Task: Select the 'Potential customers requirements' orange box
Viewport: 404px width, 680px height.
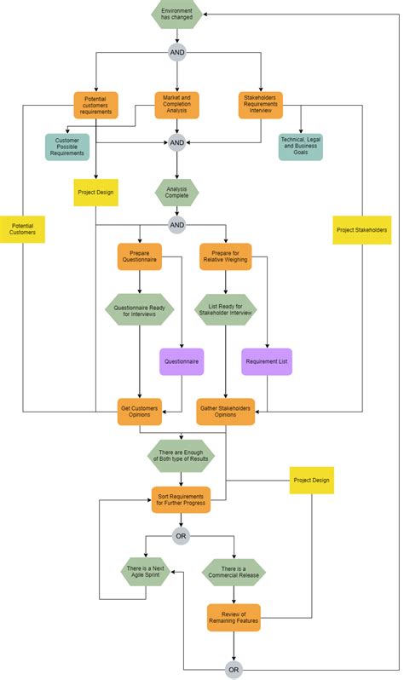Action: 95,106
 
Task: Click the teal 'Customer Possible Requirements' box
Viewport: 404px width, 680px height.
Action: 67,146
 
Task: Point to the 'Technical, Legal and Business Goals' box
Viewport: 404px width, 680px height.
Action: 301,146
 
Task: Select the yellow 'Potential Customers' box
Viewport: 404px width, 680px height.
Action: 23,228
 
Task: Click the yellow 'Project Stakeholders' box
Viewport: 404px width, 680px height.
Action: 362,230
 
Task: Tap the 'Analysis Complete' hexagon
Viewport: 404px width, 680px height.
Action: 176,192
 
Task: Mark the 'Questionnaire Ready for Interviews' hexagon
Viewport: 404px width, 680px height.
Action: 140,308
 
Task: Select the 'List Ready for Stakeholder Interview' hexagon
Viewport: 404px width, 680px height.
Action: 225,308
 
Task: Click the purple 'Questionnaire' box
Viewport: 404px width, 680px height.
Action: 182,362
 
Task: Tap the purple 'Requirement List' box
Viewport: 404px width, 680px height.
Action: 267,362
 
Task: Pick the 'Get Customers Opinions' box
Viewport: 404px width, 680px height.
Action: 140,412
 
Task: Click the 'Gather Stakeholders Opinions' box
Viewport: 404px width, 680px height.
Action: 225,412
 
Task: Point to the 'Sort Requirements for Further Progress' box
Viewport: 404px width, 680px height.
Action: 181,498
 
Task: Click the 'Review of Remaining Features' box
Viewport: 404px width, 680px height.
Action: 234,618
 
